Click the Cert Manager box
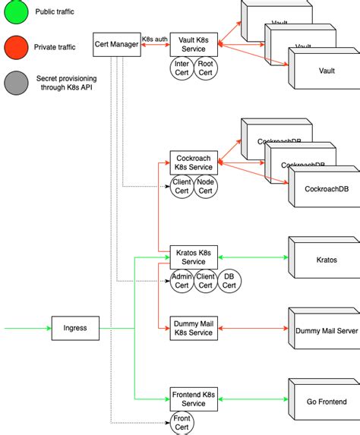(x=116, y=44)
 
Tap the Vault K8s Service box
(x=194, y=44)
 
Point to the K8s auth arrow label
(x=154, y=38)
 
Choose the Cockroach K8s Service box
(x=194, y=162)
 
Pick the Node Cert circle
(x=206, y=186)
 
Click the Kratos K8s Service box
(x=194, y=256)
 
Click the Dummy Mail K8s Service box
(x=194, y=327)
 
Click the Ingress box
(x=75, y=328)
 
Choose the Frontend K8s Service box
(x=194, y=399)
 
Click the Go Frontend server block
(x=325, y=402)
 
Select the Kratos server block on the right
(x=325, y=260)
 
